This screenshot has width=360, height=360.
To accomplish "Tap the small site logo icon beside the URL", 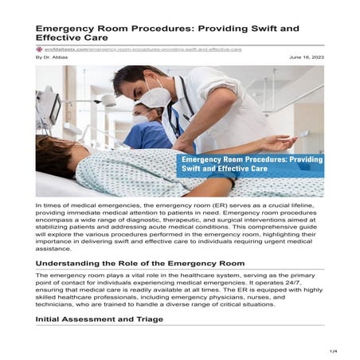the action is (x=39, y=49).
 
